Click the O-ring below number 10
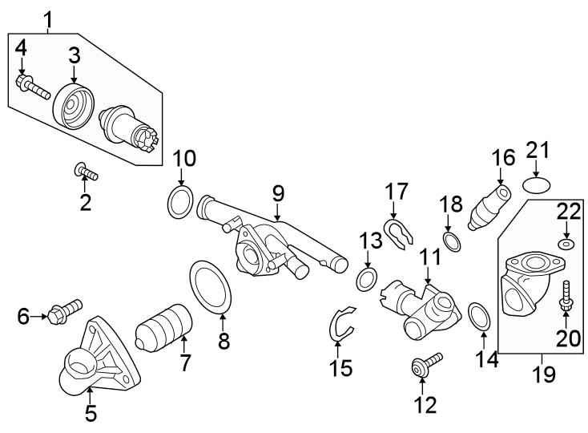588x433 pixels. pyautogui.click(x=180, y=204)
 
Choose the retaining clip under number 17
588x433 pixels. pyautogui.click(x=397, y=233)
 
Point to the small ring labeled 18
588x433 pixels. pyautogui.click(x=452, y=241)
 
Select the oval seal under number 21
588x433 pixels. pyautogui.click(x=537, y=185)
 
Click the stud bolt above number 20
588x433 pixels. pyautogui.click(x=566, y=296)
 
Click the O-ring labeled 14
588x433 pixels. pyautogui.click(x=479, y=317)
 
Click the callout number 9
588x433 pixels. pyautogui.click(x=278, y=193)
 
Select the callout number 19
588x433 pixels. pyautogui.click(x=545, y=374)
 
